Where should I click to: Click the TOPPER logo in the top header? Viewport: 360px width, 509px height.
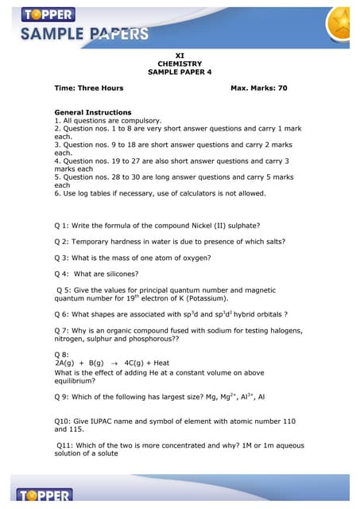click(x=48, y=14)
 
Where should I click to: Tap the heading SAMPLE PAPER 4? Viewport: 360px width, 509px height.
click(x=180, y=72)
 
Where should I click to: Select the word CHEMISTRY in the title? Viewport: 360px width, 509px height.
click(x=180, y=64)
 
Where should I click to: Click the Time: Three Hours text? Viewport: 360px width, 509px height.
click(x=88, y=88)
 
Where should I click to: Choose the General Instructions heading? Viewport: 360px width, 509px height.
click(x=92, y=112)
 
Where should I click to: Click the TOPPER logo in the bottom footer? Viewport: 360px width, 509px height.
click(x=43, y=496)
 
